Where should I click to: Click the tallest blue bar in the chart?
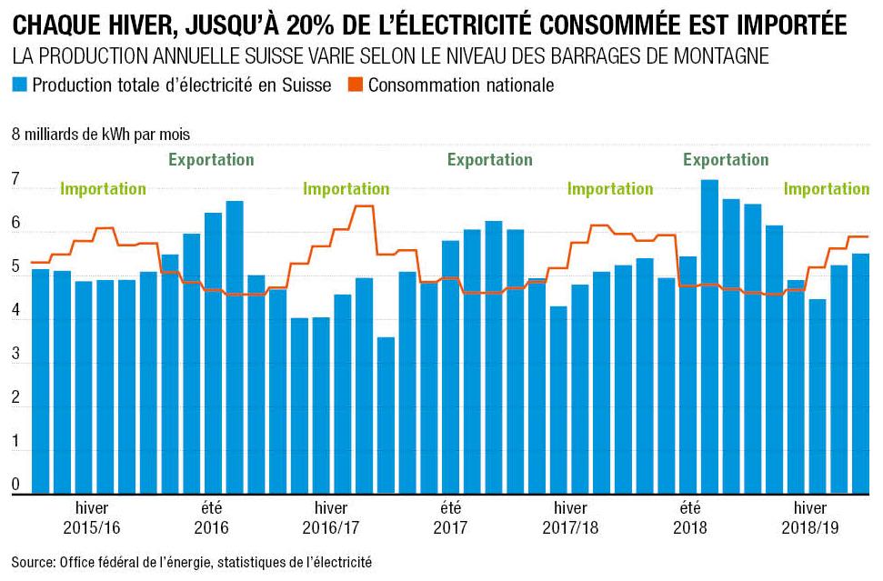pos(709,336)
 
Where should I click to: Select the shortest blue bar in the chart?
pos(386,415)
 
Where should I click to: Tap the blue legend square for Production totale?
pos(20,85)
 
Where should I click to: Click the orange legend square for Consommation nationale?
pos(356,85)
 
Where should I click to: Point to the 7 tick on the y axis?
pos(15,183)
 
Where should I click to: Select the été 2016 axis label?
pos(211,516)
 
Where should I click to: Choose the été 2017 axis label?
pos(450,516)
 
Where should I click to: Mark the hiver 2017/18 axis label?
pos(570,516)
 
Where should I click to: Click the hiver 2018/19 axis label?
pos(809,516)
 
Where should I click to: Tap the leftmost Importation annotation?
pos(103,189)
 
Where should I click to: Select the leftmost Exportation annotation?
pos(211,160)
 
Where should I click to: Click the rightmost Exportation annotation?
pos(726,160)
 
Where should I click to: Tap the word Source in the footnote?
pos(33,563)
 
